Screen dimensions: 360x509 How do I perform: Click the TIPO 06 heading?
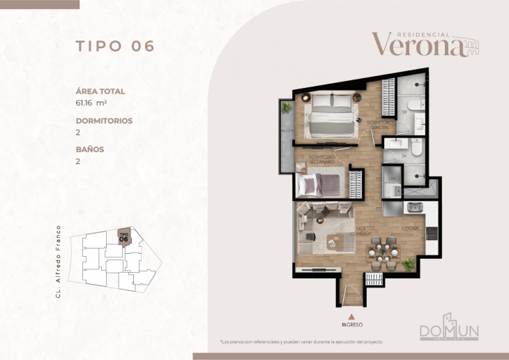pos(114,47)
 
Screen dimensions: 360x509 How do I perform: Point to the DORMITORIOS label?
pos(104,121)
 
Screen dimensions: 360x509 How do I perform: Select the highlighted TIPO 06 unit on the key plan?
pos(124,238)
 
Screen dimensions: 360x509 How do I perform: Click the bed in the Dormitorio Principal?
pos(330,116)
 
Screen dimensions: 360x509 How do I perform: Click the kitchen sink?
pos(416,208)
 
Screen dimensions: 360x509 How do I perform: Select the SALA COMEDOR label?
pos(361,232)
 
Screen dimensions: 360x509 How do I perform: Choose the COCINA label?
pos(409,228)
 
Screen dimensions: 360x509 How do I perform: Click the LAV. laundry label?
pos(392,179)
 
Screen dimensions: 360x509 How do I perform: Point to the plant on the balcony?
pos(286,108)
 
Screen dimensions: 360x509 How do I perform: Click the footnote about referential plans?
pos(301,342)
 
